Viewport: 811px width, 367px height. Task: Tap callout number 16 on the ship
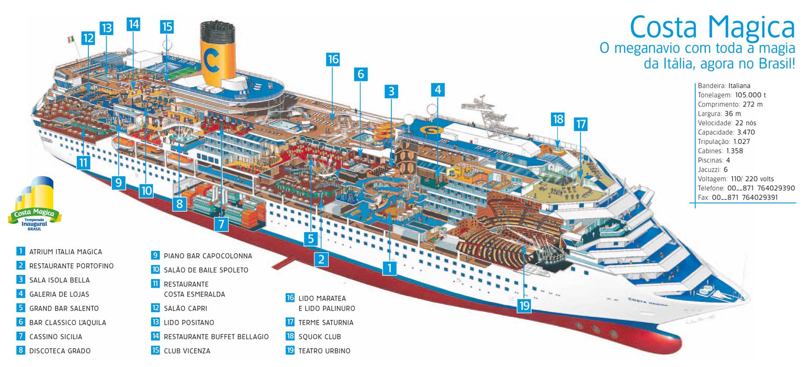[333, 59]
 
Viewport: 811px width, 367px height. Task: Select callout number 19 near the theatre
[524, 305]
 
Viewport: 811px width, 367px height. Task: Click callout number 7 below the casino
[221, 224]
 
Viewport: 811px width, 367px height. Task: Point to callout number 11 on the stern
[83, 162]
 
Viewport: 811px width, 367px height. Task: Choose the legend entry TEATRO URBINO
[324, 351]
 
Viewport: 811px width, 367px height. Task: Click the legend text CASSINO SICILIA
[56, 337]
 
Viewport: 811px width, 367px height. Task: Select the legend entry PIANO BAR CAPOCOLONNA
[208, 256]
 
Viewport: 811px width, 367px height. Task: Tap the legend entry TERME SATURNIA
[326, 322]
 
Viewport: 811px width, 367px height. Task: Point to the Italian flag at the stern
[71, 39]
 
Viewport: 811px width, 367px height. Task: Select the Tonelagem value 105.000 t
[750, 95]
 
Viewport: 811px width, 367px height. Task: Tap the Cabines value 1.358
[734, 151]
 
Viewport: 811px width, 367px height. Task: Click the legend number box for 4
[21, 294]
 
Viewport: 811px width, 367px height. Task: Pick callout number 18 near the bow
[558, 119]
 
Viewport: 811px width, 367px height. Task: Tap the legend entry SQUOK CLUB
[320, 337]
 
